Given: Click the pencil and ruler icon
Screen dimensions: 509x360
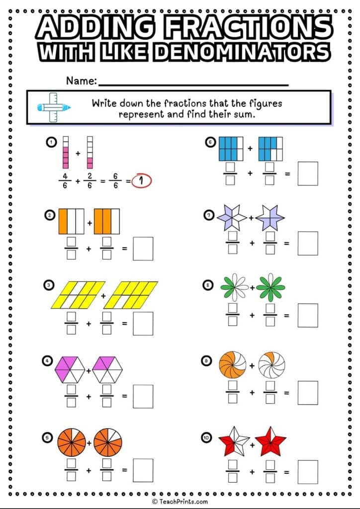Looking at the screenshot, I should (x=53, y=107).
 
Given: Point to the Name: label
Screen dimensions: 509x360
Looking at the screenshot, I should (x=81, y=81).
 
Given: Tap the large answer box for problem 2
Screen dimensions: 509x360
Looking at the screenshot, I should (x=143, y=249).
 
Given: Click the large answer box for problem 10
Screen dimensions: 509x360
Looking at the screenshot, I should (x=308, y=472).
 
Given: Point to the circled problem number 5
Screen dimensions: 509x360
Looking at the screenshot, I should (x=48, y=437).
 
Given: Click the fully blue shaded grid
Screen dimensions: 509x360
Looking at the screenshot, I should (x=231, y=148).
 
